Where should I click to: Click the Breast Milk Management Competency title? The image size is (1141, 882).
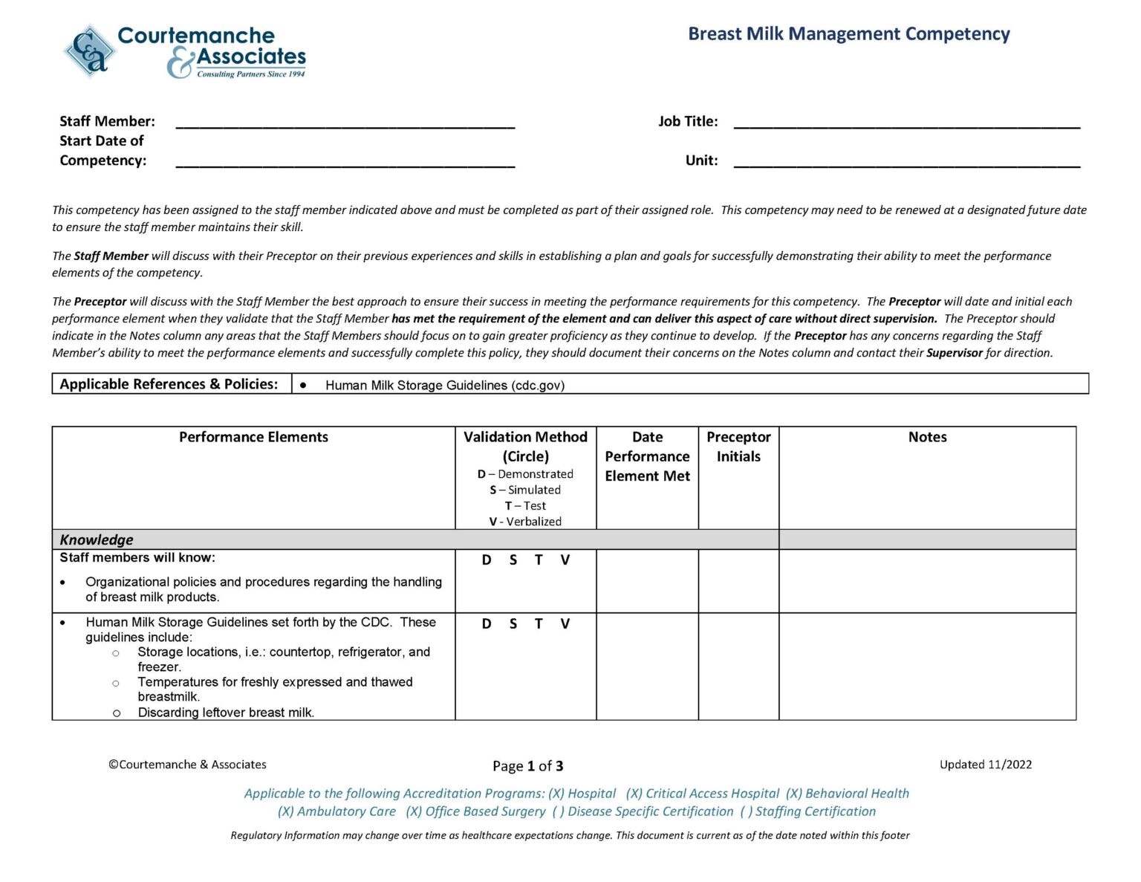[848, 34]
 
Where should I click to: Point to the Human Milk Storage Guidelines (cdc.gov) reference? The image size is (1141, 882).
[444, 385]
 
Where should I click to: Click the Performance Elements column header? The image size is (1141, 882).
[253, 437]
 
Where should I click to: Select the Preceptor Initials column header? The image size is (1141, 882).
[738, 447]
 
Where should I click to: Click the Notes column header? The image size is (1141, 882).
[927, 437]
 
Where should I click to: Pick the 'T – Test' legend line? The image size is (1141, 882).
[525, 506]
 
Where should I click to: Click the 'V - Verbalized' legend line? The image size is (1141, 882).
[525, 522]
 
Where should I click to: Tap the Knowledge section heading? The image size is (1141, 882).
[97, 539]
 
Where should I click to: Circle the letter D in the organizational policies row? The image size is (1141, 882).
[487, 560]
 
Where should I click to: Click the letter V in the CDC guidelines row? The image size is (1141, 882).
[565, 624]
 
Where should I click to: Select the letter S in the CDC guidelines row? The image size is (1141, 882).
[513, 624]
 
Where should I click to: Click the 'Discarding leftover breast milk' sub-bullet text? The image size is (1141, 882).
[226, 713]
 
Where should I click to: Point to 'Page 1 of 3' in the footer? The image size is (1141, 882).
[527, 766]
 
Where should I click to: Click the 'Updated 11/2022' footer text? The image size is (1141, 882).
[985, 765]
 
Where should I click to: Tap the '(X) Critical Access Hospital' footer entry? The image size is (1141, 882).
[702, 794]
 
